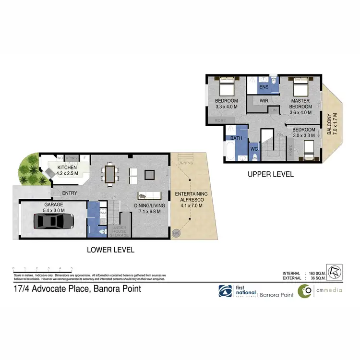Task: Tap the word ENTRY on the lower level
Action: click(70, 193)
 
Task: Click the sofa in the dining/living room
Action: click(149, 195)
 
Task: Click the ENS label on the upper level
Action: click(264, 87)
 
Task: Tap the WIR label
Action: click(264, 101)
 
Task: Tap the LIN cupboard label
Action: click(274, 110)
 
